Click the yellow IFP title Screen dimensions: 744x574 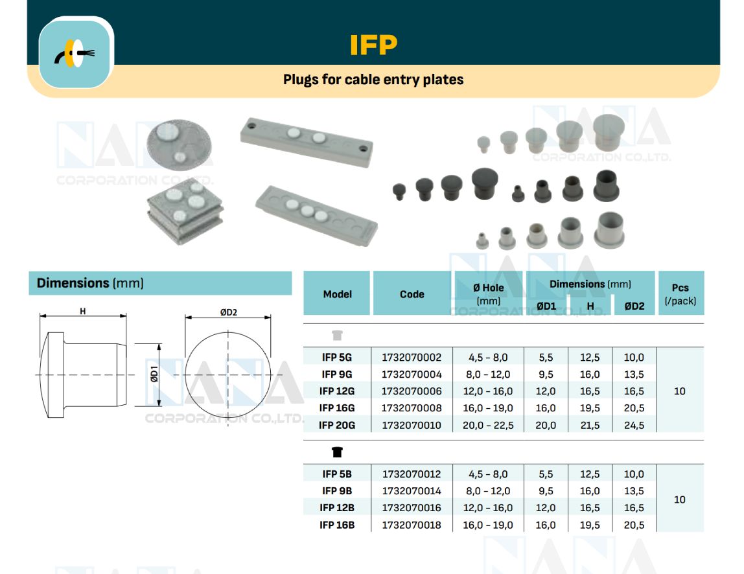pyautogui.click(x=373, y=45)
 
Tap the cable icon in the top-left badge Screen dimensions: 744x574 pyautogui.click(x=75, y=52)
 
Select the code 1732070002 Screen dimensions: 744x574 pyautogui.click(x=412, y=357)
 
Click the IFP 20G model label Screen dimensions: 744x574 pyautogui.click(x=337, y=425)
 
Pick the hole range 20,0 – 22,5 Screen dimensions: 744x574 pyautogui.click(x=488, y=425)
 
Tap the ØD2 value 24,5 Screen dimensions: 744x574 pyautogui.click(x=634, y=425)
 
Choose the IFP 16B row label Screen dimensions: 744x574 pyautogui.click(x=337, y=525)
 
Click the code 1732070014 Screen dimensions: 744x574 pyautogui.click(x=412, y=491)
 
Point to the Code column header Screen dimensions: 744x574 pyautogui.click(x=412, y=294)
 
